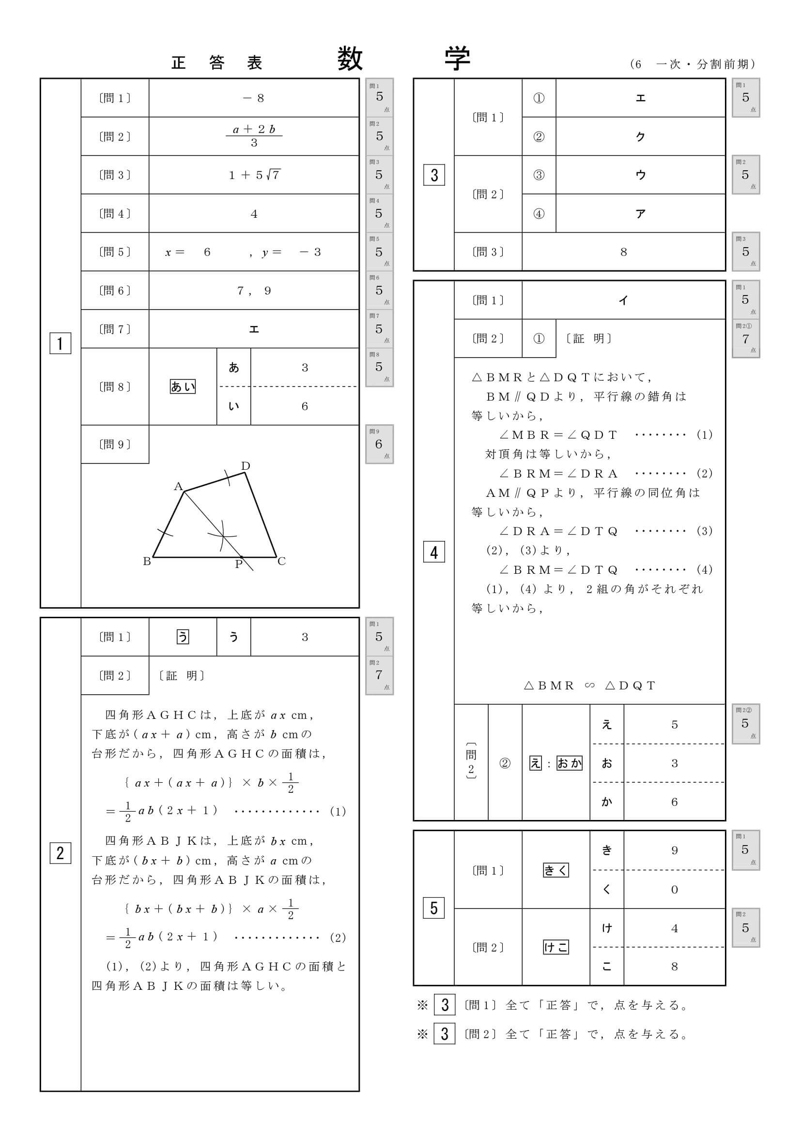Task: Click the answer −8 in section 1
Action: tap(254, 98)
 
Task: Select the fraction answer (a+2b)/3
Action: tap(254, 136)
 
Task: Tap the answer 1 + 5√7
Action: tap(254, 175)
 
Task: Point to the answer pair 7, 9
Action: tap(254, 291)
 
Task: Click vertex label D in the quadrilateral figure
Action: tap(245, 466)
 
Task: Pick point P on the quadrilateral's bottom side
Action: tap(239, 564)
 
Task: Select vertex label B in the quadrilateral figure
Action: tap(147, 561)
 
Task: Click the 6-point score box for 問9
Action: tap(379, 444)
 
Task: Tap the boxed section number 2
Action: tap(60, 853)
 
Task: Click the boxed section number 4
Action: tap(434, 552)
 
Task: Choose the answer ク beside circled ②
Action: tap(640, 136)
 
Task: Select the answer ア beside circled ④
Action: tap(640, 213)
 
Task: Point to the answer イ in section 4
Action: tap(623, 300)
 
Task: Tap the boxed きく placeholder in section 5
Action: tap(556, 870)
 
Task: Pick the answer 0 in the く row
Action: tap(674, 890)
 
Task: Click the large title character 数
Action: tap(350, 59)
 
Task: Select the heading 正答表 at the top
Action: tap(216, 63)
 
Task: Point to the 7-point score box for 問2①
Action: tap(745, 339)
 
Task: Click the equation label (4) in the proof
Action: tap(704, 570)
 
